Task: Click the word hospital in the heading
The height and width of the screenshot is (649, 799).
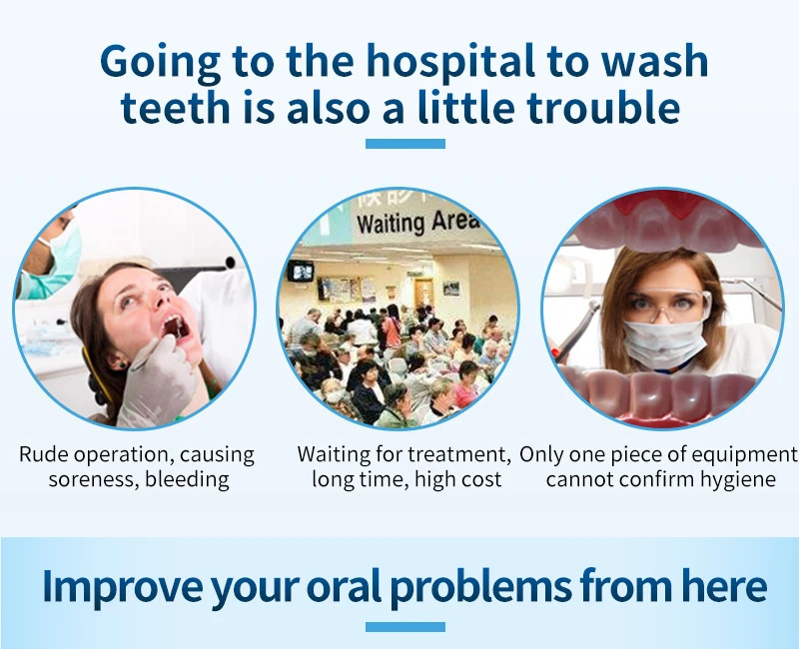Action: [x=451, y=62]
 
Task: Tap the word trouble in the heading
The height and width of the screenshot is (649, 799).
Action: [x=603, y=108]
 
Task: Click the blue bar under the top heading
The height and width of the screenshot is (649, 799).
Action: [x=405, y=144]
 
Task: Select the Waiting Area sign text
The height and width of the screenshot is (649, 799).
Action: [x=418, y=222]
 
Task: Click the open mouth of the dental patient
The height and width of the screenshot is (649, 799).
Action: [x=176, y=328]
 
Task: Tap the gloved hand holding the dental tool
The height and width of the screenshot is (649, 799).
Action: [x=158, y=379]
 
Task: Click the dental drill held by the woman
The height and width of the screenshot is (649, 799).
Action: [x=576, y=331]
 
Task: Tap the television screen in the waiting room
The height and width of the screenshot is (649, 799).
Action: [x=301, y=272]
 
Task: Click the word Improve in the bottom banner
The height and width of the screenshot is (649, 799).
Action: [x=122, y=586]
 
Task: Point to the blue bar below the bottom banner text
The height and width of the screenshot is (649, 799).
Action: [x=405, y=627]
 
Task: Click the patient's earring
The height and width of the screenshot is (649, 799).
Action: [x=122, y=364]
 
